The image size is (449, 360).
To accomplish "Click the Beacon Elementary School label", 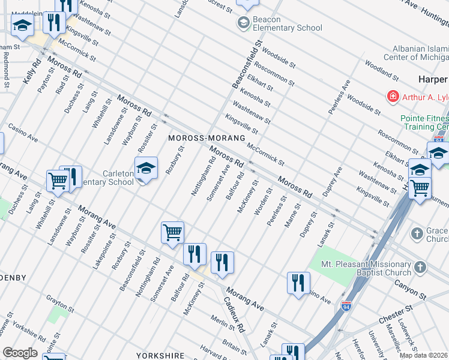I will coord(287,23).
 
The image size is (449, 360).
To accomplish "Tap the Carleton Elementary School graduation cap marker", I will coord(146,169).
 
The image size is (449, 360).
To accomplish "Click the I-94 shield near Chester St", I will coord(346,306).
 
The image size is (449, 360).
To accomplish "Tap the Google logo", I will coord(19,353).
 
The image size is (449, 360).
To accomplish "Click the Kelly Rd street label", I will coord(32,71).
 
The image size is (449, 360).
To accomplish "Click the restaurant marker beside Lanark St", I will coord(298,283).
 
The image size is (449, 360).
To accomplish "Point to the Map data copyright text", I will coord(424,355).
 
